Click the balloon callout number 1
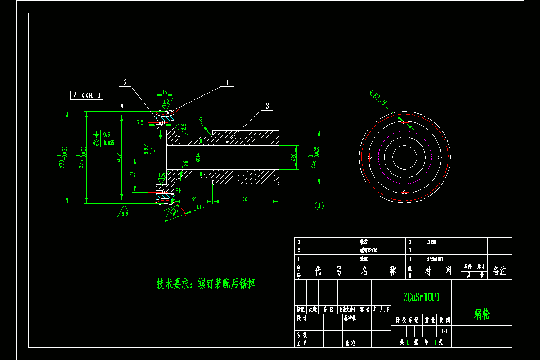pos(228,83)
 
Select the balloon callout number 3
pos(267,106)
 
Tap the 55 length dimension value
pos(246,198)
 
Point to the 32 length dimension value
pos(193,198)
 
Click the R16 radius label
pos(200,207)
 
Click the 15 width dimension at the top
pos(165,92)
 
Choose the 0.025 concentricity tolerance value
pos(109,143)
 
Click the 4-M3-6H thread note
pos(378,99)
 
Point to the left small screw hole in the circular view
pos(369,157)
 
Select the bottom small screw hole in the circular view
pos(405,193)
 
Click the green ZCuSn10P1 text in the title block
pos(421,297)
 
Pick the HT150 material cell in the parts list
pos(431,242)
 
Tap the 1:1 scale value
pos(445,331)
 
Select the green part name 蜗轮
pos(481,314)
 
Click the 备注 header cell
pos(499,271)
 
